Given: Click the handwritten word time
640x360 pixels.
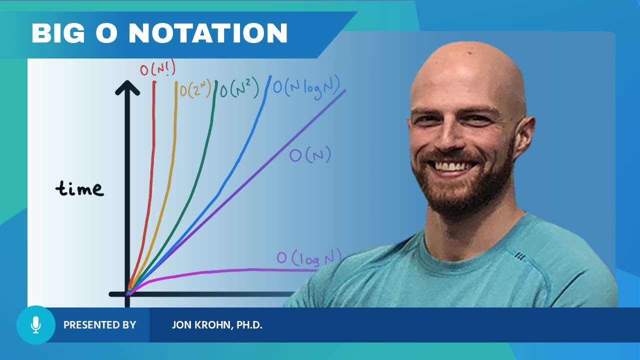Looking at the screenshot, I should (x=79, y=188).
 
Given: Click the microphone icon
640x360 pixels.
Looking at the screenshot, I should (x=35, y=325).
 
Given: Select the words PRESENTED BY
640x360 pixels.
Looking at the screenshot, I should (x=99, y=325).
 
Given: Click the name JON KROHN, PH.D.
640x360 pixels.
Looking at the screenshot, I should (x=217, y=325).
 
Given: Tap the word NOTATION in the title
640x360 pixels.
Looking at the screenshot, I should (x=208, y=33).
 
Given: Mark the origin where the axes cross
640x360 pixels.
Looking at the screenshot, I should (x=127, y=293).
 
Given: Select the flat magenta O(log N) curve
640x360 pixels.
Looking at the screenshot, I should (x=225, y=270).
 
